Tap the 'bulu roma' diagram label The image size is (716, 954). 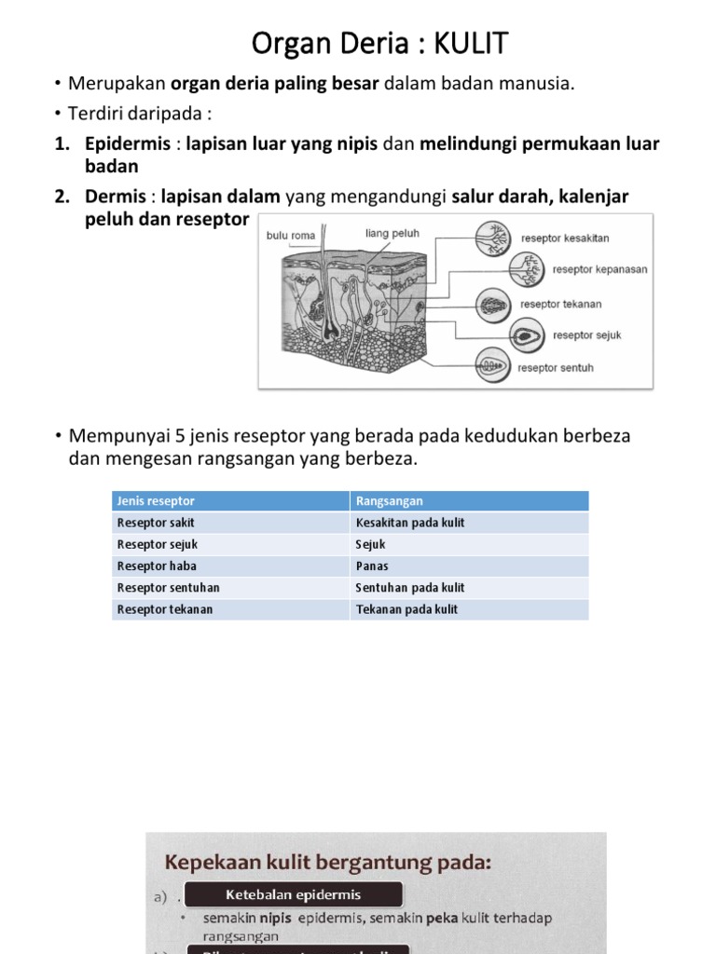coord(291,236)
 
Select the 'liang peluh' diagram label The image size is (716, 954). coord(392,234)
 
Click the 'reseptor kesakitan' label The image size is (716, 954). coord(565,238)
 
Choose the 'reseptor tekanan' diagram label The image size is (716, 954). coord(560,304)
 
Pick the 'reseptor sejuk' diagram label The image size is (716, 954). coord(586,335)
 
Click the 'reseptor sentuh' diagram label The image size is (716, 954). coord(556,368)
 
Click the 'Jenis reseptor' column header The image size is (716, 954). coord(157,501)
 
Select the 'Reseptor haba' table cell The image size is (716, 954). coord(157,566)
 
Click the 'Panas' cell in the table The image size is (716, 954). coord(372,566)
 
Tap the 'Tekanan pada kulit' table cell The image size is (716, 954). coord(406,609)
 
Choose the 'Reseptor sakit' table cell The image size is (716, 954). coord(156,523)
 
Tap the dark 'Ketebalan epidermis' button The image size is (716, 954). coord(294,895)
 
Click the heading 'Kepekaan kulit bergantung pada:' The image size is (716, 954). coord(328,863)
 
